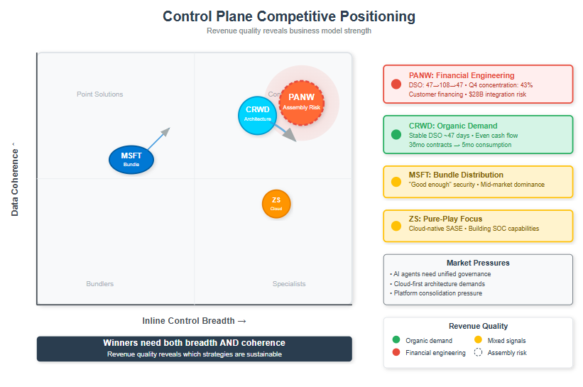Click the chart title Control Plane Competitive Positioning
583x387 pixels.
click(x=289, y=16)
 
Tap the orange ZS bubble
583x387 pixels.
click(x=276, y=204)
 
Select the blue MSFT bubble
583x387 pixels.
click(x=131, y=159)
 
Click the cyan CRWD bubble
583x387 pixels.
click(x=257, y=114)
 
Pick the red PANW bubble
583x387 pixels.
click(x=301, y=101)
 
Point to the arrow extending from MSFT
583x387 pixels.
click(x=159, y=138)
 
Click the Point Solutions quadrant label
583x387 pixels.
click(x=100, y=94)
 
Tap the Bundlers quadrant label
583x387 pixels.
click(x=99, y=284)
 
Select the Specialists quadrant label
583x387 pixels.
click(x=289, y=284)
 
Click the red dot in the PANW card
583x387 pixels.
click(x=396, y=85)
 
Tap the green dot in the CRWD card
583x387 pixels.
click(x=396, y=135)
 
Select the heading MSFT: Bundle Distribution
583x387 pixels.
click(x=456, y=175)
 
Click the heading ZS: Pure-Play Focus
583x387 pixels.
click(x=445, y=219)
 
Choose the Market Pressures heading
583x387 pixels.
click(x=478, y=263)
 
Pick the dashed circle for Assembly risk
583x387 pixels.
click(x=478, y=353)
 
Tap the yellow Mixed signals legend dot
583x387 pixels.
click(x=478, y=341)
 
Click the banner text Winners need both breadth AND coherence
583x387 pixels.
click(x=194, y=343)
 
